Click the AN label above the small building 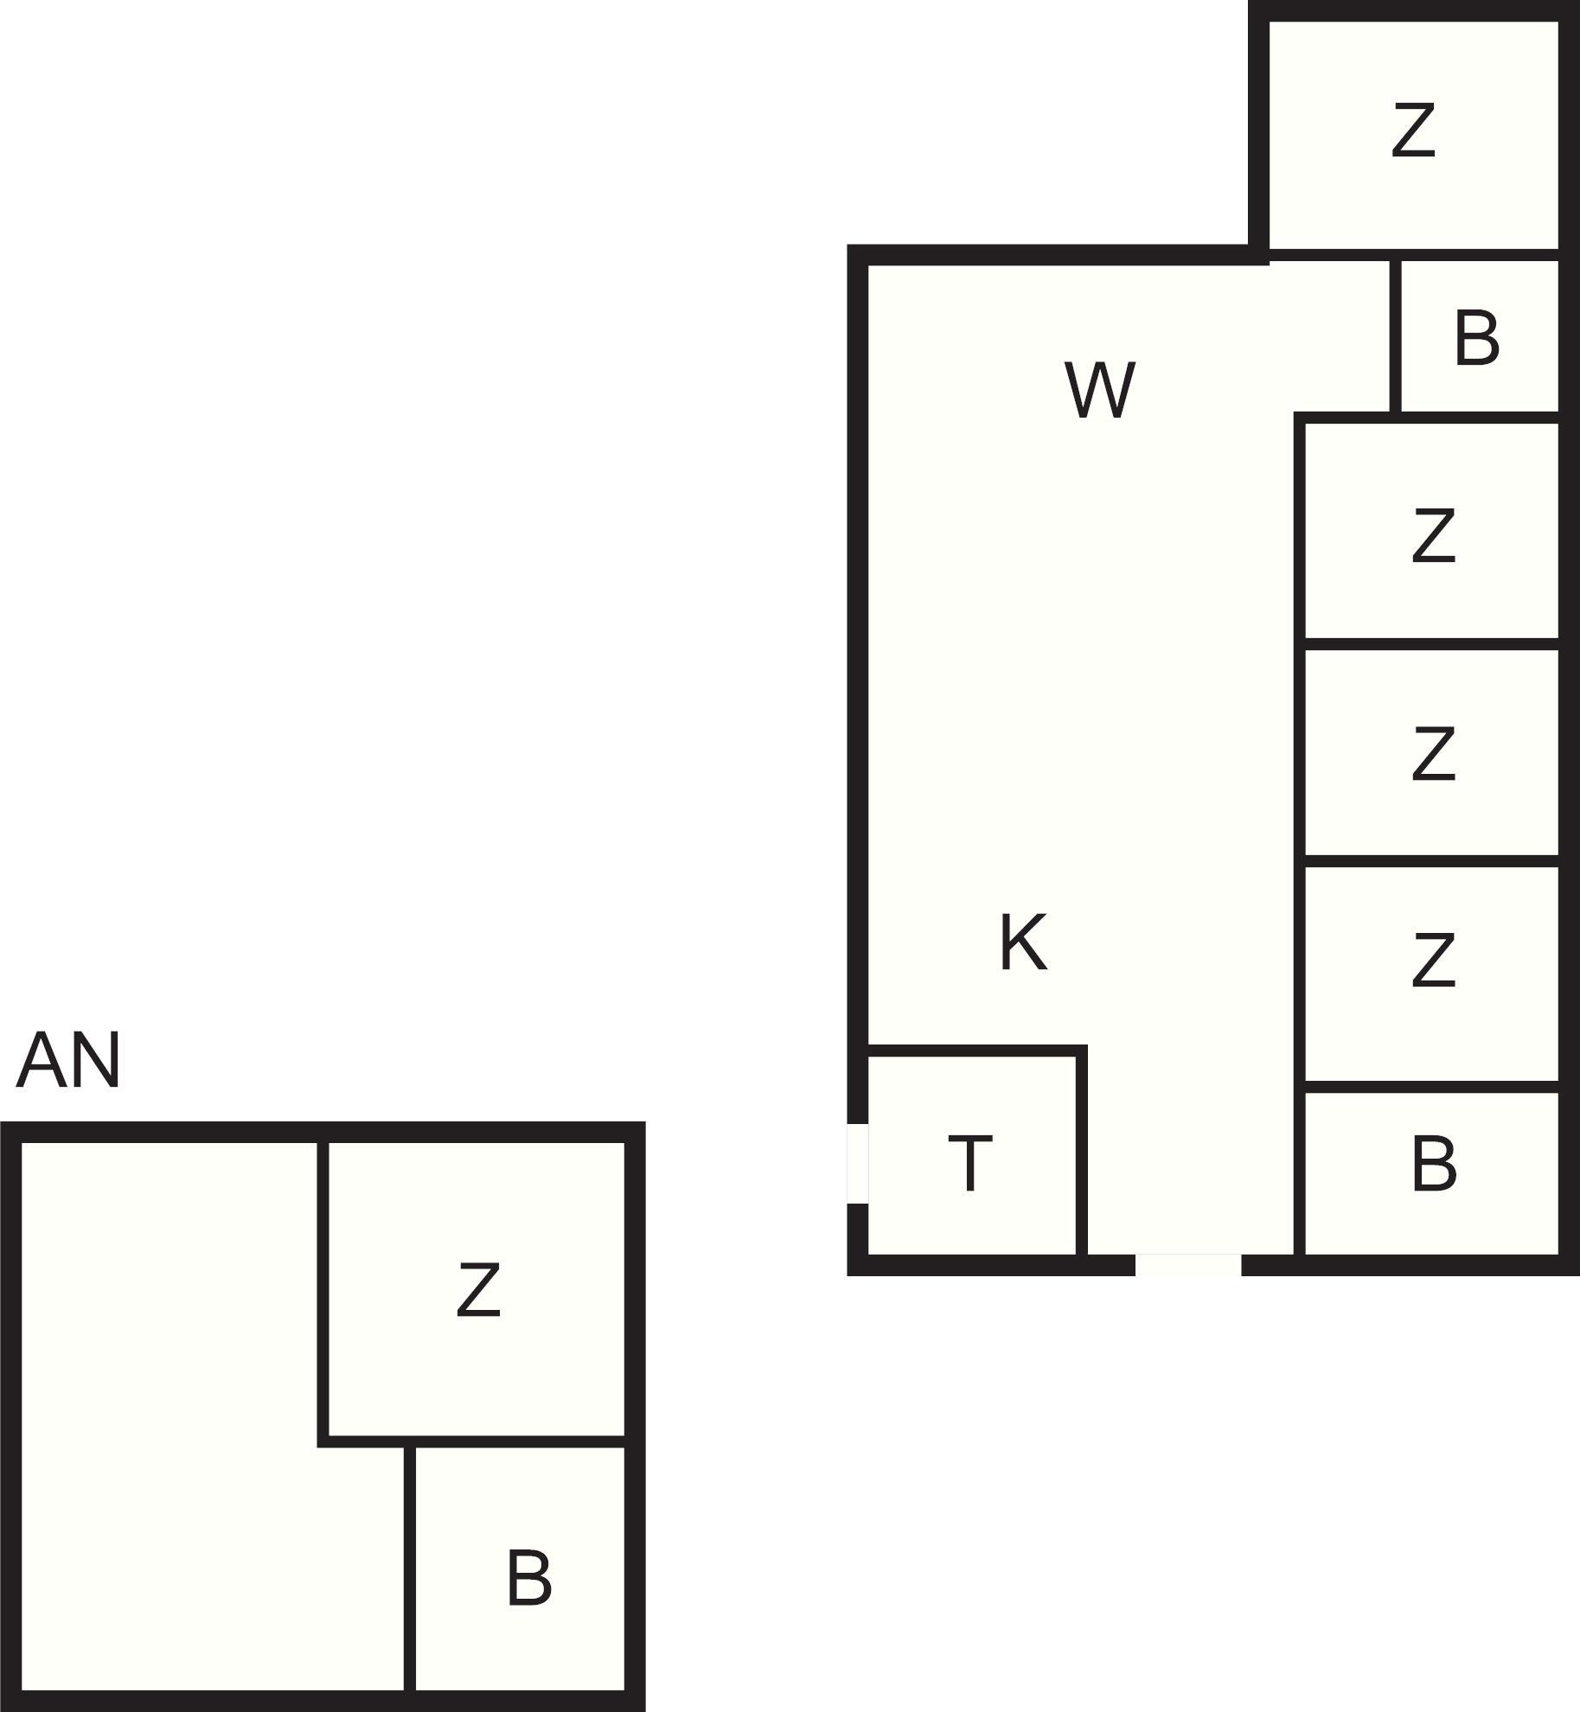point(67,1060)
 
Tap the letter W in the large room point(1099,390)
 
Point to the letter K point(1023,942)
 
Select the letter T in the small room point(970,1164)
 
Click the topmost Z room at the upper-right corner point(1413,136)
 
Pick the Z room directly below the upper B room point(1431,531)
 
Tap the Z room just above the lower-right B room point(1431,974)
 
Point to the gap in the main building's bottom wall point(1188,1264)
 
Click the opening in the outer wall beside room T point(857,1163)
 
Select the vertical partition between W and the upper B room point(1396,336)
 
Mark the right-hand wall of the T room point(1082,1150)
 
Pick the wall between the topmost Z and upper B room point(1413,256)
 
